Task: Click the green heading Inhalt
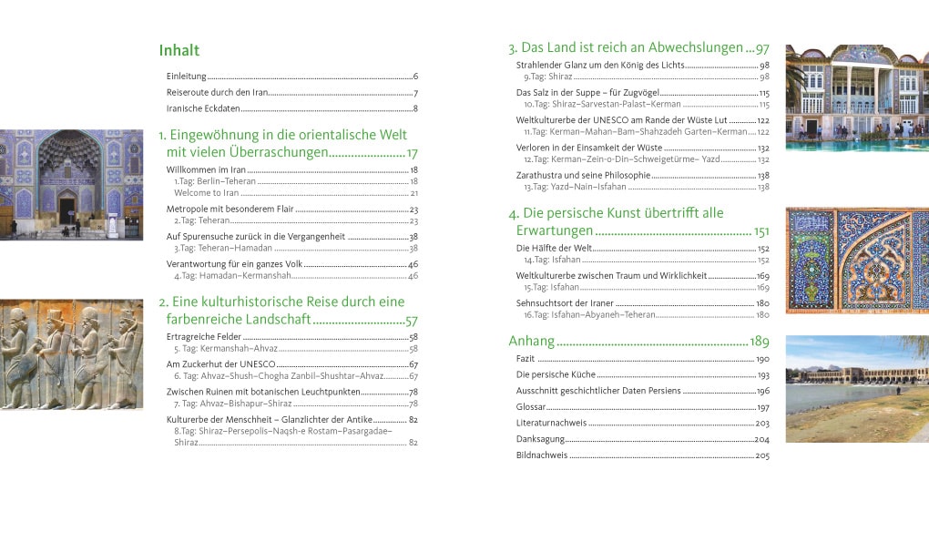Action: point(179,50)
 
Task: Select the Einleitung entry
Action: point(187,77)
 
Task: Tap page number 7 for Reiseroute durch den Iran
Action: point(415,93)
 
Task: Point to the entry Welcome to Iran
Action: point(206,193)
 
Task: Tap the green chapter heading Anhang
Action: point(531,342)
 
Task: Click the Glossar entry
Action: point(531,407)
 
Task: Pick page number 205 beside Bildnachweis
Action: point(762,455)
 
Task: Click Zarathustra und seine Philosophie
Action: point(583,175)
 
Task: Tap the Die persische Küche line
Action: point(555,375)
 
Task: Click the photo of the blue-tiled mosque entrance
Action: point(71,184)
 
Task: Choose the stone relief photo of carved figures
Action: point(71,354)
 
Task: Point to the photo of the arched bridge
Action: point(856,389)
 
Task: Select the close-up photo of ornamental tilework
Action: point(856,260)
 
